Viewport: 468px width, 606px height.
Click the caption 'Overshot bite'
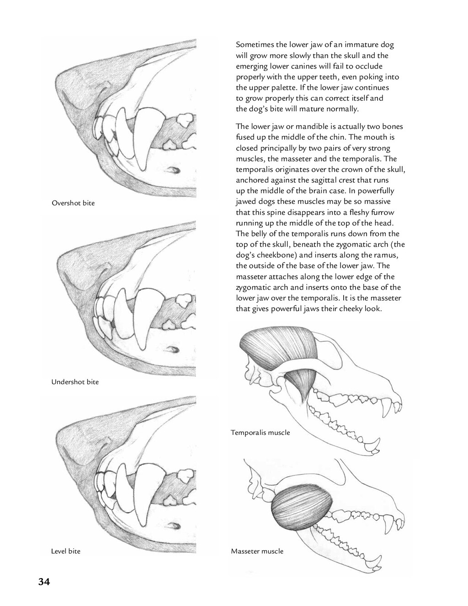point(73,203)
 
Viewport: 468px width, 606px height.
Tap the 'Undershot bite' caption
point(75,382)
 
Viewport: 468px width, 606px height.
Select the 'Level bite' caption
point(65,552)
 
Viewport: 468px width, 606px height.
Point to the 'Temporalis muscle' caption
point(260,433)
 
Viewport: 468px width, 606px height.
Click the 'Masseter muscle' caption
point(257,552)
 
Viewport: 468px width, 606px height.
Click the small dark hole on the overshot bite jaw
point(174,170)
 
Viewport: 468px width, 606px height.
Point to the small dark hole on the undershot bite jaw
point(174,350)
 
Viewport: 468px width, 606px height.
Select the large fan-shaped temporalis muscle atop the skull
point(277,347)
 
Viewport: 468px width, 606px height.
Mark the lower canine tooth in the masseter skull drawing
point(376,562)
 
